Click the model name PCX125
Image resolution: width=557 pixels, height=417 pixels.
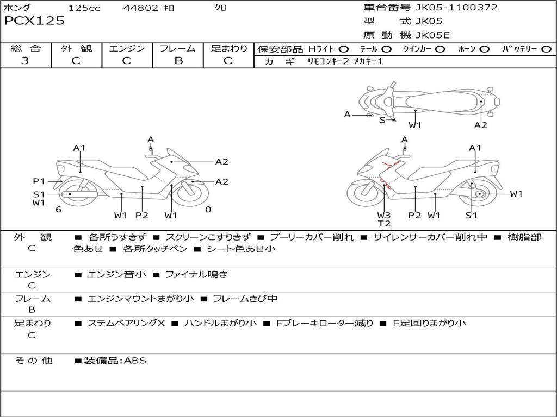point(34,21)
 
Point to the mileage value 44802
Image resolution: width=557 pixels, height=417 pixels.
point(141,8)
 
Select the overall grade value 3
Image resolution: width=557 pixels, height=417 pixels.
point(25,61)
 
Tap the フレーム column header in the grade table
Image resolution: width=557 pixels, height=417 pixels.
point(178,49)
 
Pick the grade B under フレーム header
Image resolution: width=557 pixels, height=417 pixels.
point(178,61)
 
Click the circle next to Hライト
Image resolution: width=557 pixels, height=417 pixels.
point(343,49)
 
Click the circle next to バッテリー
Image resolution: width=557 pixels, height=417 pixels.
point(546,49)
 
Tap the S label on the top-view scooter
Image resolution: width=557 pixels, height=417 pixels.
point(382,120)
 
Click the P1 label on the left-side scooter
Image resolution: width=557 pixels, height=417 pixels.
point(39,181)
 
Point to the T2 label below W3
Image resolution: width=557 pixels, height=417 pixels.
point(384,223)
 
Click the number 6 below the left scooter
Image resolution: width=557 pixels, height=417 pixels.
point(58,210)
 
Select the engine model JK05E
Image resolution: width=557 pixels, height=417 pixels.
point(434,35)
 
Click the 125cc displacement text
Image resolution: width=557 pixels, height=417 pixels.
point(84,8)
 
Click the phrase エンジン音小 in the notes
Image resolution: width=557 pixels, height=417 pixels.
point(117,275)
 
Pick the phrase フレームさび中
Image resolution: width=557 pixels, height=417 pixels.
point(245,299)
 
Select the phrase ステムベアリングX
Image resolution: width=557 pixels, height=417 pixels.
point(126,323)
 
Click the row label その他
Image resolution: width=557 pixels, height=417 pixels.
point(33,361)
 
